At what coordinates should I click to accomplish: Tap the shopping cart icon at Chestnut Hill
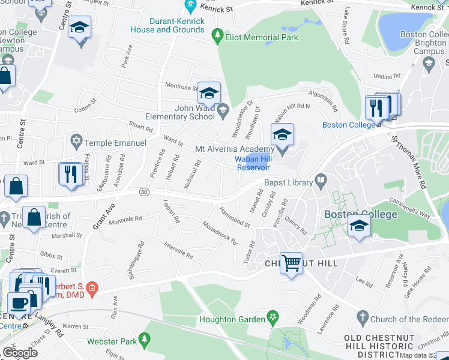(291, 262)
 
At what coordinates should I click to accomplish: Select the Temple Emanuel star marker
(76, 142)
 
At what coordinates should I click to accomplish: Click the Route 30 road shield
(144, 191)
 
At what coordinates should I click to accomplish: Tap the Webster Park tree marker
(144, 340)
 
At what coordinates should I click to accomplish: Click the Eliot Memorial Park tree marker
(217, 37)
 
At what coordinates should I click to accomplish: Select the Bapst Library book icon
(321, 180)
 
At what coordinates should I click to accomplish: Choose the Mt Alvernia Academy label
(234, 148)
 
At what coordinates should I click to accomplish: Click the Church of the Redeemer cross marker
(362, 319)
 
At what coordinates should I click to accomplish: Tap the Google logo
(20, 353)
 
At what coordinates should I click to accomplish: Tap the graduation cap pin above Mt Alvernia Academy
(283, 136)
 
